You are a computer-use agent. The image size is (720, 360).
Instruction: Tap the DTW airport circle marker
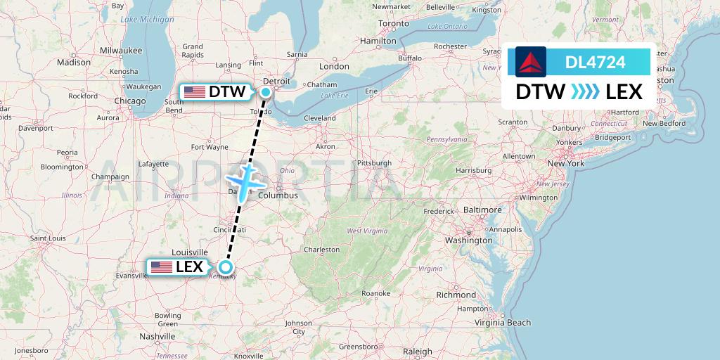coord(266,91)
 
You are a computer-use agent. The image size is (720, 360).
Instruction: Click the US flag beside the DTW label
coord(194,91)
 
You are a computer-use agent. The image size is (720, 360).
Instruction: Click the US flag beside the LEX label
coord(162,266)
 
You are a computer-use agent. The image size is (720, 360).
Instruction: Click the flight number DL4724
coord(595,63)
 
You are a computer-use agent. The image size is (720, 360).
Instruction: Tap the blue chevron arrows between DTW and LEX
coord(585,92)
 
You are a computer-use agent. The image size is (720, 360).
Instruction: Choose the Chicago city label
coord(130,101)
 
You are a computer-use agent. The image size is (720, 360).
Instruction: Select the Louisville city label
coord(190,252)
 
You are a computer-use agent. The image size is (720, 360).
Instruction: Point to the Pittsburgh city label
coord(373,163)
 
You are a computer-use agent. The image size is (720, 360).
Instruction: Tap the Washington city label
coord(469,240)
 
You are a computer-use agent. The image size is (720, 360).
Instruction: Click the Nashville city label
coord(157,337)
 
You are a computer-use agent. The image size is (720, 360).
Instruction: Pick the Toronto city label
coord(393,23)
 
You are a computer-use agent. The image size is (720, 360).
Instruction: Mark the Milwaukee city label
coord(121,51)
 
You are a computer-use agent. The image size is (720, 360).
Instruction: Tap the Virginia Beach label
coord(502,323)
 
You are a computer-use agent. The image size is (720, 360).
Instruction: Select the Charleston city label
coord(321,250)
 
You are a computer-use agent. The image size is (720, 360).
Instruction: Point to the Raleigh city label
coord(418,352)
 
